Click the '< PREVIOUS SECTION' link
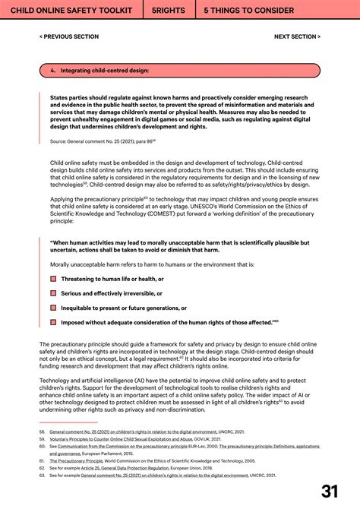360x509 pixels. pos(68,36)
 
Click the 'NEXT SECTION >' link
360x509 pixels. pos(297,36)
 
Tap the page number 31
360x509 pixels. pos(330,492)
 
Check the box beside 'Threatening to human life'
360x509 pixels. pos(53,279)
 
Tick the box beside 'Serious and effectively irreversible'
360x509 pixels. pos(53,293)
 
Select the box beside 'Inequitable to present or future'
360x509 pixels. pos(53,308)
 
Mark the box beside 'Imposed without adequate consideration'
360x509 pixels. pos(53,322)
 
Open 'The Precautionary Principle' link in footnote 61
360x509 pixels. pos(76,460)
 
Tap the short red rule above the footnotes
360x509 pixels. pos(68,422)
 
